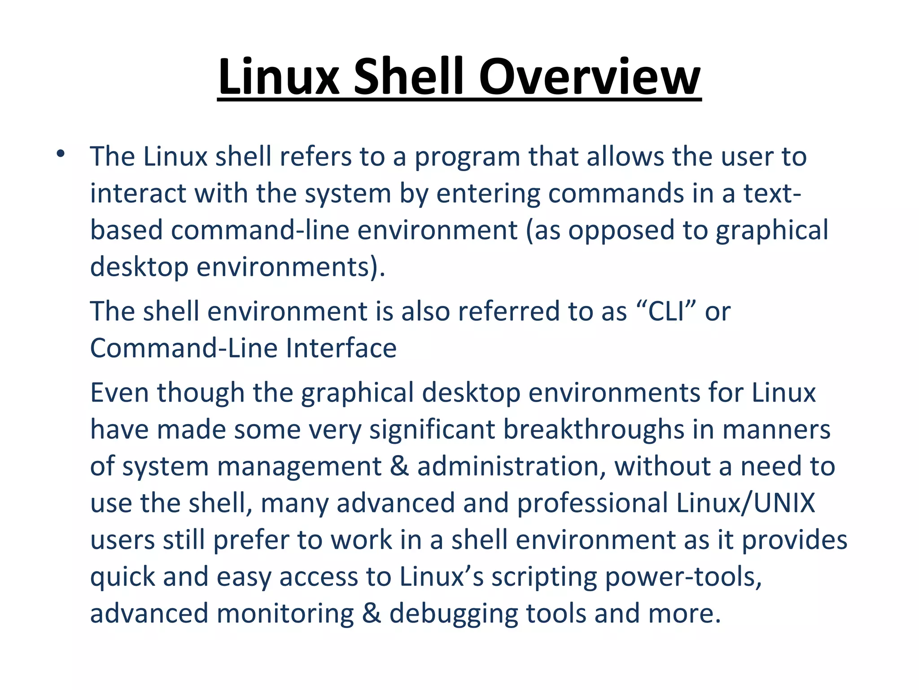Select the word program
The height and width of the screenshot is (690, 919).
(467, 157)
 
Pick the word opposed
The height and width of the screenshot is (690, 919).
(621, 231)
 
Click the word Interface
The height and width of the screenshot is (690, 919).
(341, 348)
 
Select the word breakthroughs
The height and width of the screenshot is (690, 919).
(594, 429)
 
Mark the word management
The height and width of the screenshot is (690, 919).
(299, 466)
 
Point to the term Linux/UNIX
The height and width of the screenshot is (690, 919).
(745, 503)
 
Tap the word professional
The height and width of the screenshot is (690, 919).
(592, 503)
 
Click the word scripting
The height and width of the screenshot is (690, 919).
(544, 577)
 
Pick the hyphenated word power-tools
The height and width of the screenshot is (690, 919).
(683, 577)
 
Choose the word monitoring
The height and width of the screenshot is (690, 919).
(285, 614)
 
